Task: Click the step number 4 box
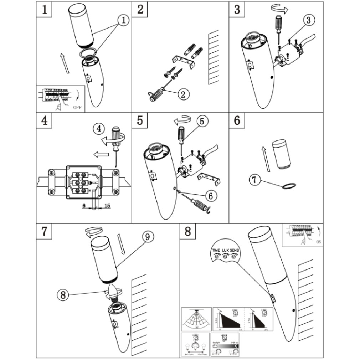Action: pyautogui.click(x=44, y=120)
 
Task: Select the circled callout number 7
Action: pyautogui.click(x=254, y=180)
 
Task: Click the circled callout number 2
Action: pyautogui.click(x=183, y=94)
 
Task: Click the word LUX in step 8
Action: pyautogui.click(x=225, y=251)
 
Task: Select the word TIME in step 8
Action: pyautogui.click(x=216, y=251)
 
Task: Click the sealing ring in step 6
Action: pyautogui.click(x=289, y=186)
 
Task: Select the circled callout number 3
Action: pyautogui.click(x=309, y=20)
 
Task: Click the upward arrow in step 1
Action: pyautogui.click(x=65, y=63)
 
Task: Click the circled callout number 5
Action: pyautogui.click(x=202, y=121)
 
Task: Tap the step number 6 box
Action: pyautogui.click(x=237, y=120)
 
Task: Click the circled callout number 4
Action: pyautogui.click(x=99, y=128)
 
